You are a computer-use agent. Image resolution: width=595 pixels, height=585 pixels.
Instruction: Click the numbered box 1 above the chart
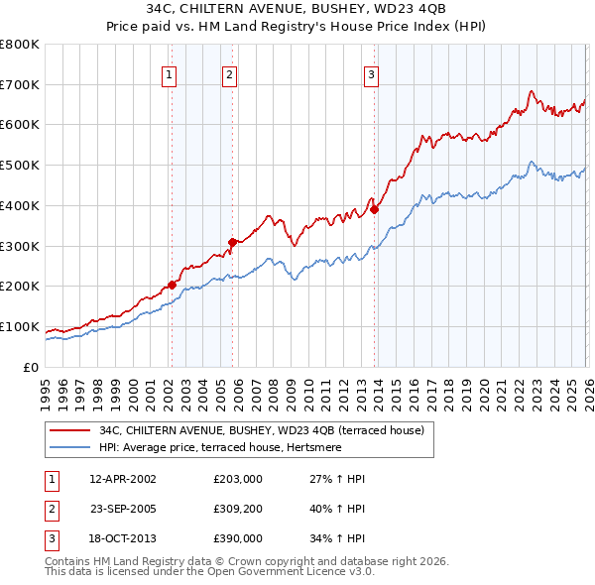tap(170, 73)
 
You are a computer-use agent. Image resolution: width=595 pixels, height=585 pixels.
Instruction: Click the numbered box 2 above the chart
tap(230, 73)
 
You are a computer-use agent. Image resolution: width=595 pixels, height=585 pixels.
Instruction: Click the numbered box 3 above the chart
tap(371, 73)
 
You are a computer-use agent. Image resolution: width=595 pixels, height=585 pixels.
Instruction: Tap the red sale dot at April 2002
tap(172, 285)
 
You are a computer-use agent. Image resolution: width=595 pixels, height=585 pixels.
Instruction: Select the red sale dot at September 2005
tap(232, 241)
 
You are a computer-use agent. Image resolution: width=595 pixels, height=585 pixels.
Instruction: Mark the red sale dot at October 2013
tap(374, 209)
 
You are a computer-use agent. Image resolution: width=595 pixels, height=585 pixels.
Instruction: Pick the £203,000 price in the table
tap(237, 479)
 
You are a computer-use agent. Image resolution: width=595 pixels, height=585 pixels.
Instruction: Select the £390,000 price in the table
tap(237, 538)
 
